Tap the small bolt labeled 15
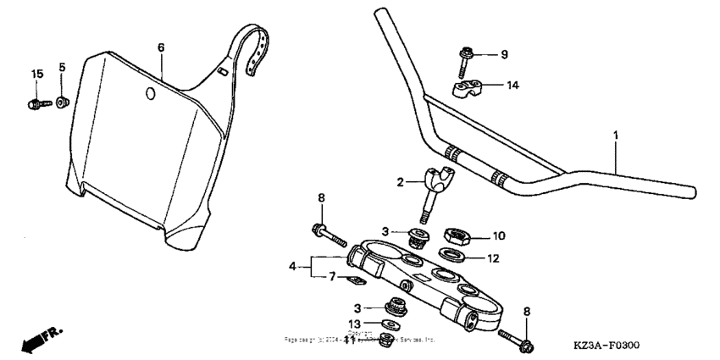pos(33,104)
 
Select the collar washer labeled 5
pos(62,102)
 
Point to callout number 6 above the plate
pos(161,47)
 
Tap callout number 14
pos(512,86)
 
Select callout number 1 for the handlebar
pos(616,136)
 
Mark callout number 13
pos(356,323)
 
